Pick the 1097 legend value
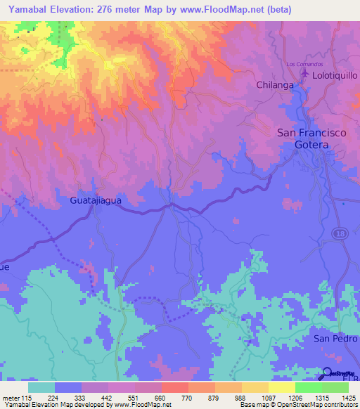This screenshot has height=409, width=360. click(x=268, y=398)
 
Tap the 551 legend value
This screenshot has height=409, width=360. click(x=134, y=398)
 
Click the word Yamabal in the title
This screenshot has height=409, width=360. click(x=30, y=9)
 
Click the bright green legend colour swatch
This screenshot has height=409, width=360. click(x=309, y=387)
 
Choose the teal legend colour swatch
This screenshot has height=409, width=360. click(x=41, y=387)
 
